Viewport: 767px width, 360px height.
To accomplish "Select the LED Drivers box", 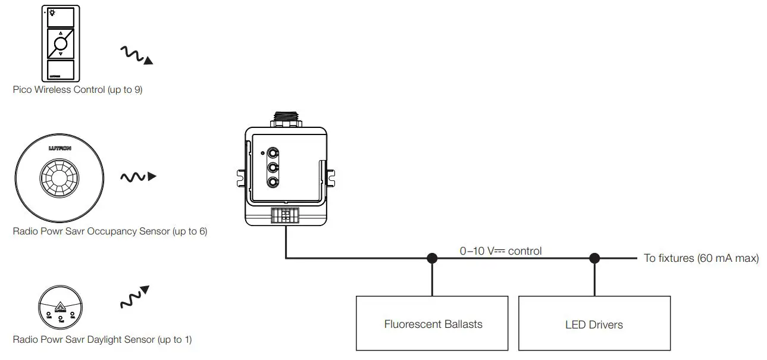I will click(x=594, y=324).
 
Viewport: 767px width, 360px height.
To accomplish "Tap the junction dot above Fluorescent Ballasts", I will click(x=432, y=258).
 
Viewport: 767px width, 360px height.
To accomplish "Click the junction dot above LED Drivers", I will click(x=594, y=258).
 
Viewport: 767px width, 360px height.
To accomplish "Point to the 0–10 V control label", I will click(x=500, y=251).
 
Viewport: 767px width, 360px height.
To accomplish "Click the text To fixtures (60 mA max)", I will click(x=701, y=258).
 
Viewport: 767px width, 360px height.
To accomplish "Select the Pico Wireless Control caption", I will click(x=78, y=90).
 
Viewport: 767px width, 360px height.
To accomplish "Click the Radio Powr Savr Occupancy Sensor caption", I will click(x=110, y=231).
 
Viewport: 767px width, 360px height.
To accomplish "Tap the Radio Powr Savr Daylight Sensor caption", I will click(x=102, y=340).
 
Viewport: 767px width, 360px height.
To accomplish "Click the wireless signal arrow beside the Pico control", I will click(x=136, y=55).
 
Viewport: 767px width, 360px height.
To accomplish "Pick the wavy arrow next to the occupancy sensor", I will click(x=138, y=177).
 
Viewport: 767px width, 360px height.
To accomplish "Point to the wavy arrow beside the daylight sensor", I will click(x=134, y=297).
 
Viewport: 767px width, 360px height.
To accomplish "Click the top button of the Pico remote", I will click(x=61, y=17).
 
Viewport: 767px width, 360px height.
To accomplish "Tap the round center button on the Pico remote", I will click(x=61, y=43).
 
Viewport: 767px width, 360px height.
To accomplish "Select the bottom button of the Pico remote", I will click(x=61, y=69).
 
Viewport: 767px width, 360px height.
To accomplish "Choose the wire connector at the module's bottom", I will click(x=286, y=215).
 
